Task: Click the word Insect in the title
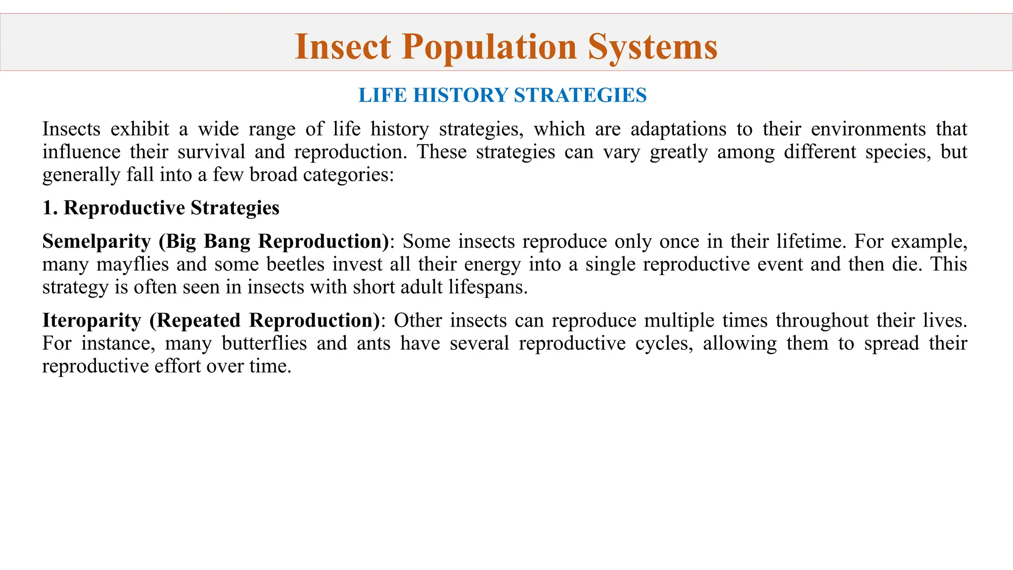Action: point(342,47)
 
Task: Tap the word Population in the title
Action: point(489,47)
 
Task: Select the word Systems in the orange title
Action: point(652,47)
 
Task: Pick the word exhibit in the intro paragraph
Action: point(139,129)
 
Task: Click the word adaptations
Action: point(678,129)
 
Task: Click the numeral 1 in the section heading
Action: point(47,208)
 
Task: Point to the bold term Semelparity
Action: point(96,241)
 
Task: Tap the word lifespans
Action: point(487,287)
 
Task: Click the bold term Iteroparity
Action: point(92,321)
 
